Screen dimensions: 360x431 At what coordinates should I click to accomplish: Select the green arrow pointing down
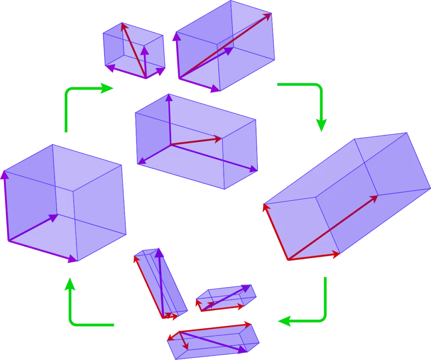click(x=321, y=105)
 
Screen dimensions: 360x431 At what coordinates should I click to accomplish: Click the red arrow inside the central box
click(x=196, y=141)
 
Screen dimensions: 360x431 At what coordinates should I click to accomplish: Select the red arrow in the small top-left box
click(x=133, y=50)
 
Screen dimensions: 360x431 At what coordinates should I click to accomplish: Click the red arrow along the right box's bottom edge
click(x=314, y=257)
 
